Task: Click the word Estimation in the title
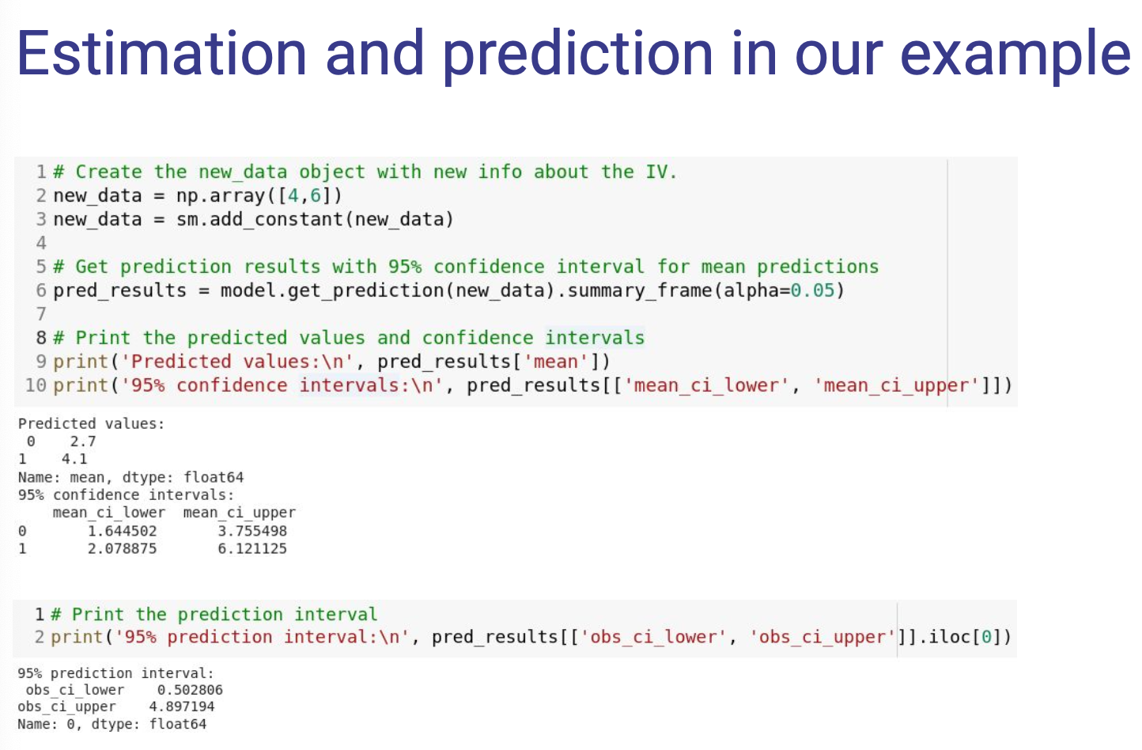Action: coord(161,53)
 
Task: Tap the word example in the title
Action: coord(1016,57)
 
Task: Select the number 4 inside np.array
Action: coord(293,195)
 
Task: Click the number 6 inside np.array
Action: coord(316,195)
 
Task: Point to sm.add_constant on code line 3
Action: coord(260,219)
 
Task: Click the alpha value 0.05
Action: coord(812,290)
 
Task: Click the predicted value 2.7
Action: coord(83,441)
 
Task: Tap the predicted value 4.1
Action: coord(74,459)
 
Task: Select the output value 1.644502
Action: coord(122,531)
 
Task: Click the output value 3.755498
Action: coord(252,531)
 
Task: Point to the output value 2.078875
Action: coord(122,548)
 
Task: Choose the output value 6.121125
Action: coord(252,548)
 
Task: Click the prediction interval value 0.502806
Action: coord(190,690)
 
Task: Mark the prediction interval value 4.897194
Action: coord(181,706)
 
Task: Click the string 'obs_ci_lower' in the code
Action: coord(653,637)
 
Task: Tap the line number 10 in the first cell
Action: coord(36,385)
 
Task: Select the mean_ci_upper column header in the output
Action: coord(239,513)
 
